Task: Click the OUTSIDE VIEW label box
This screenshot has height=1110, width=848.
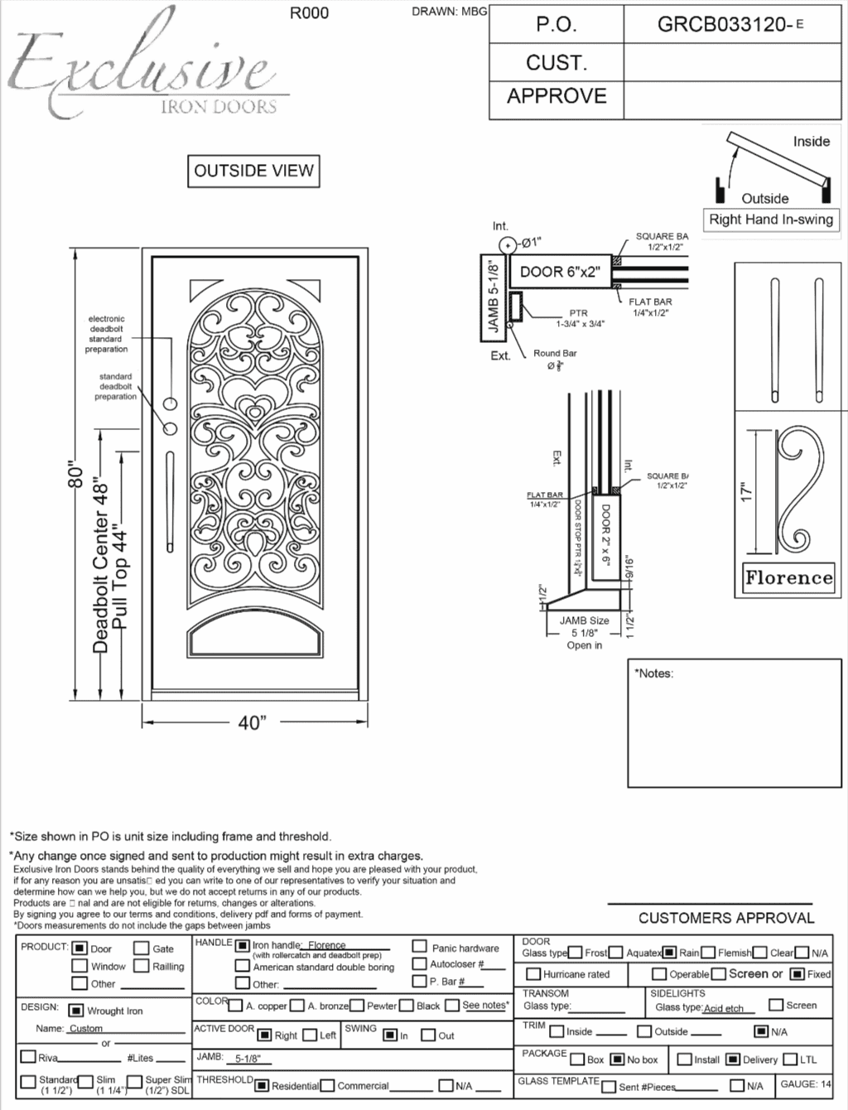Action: tap(253, 171)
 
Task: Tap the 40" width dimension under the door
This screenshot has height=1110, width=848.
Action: tap(252, 723)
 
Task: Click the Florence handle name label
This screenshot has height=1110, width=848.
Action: tap(788, 577)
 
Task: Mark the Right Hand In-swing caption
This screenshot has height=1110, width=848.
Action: tap(770, 220)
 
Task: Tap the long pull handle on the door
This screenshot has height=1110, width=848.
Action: tap(170, 501)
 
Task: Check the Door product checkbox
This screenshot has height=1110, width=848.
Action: tap(79, 948)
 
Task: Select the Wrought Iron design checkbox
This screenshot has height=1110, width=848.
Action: tap(75, 1011)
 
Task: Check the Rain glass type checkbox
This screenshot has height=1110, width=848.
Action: tap(669, 953)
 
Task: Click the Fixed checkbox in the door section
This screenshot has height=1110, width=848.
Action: tap(797, 974)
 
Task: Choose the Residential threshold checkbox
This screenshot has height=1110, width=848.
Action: tap(262, 1085)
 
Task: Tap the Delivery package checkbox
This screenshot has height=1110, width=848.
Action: tap(733, 1059)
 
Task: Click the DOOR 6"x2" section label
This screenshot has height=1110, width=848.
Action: tap(560, 272)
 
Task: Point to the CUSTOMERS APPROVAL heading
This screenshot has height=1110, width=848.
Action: tap(726, 918)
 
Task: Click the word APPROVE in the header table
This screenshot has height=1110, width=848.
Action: tap(556, 96)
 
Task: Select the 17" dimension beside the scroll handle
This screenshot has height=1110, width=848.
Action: tap(746, 493)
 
